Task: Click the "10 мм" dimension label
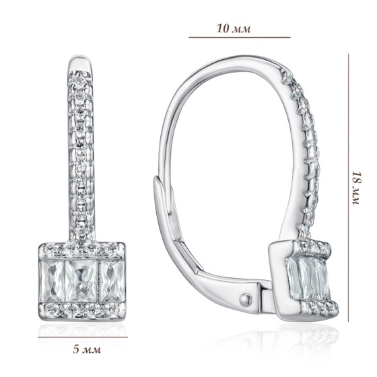coord(234,28)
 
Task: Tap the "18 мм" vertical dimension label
coord(357,188)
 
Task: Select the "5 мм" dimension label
coord(87,349)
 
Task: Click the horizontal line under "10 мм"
coord(240,37)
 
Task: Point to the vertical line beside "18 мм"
coord(349,188)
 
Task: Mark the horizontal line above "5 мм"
coord(83,337)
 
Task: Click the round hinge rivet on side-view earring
coord(246,300)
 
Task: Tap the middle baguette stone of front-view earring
coord(81,281)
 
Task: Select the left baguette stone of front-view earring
coord(53,281)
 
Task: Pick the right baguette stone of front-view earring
coord(112,281)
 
